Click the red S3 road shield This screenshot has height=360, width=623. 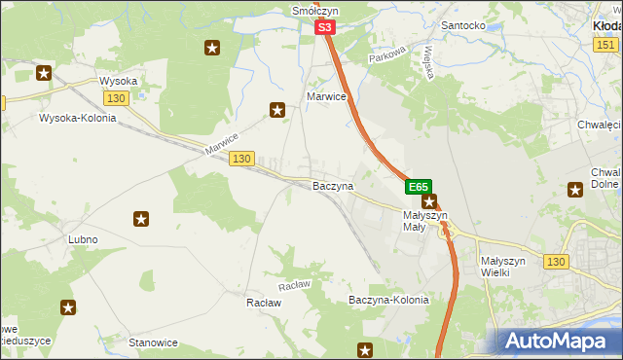point(326,29)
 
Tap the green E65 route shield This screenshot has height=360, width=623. point(419,186)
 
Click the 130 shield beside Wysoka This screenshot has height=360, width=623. point(116,98)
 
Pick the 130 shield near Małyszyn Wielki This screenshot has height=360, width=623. point(556,262)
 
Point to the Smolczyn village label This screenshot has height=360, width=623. point(314,11)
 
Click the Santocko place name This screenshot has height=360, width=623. point(463,25)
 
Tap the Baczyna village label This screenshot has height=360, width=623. point(332,185)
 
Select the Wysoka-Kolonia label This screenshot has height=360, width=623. point(77,118)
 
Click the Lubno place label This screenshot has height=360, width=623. point(83,238)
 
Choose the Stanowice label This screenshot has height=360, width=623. point(153,342)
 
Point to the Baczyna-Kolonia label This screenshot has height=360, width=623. point(388,301)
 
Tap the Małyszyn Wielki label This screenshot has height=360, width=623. point(503,267)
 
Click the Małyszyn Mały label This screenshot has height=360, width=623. point(424,221)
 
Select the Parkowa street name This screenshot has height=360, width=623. point(385,58)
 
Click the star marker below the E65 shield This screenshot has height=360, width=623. point(428,202)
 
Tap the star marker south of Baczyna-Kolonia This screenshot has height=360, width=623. point(366,349)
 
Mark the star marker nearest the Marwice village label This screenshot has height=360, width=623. point(277,111)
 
